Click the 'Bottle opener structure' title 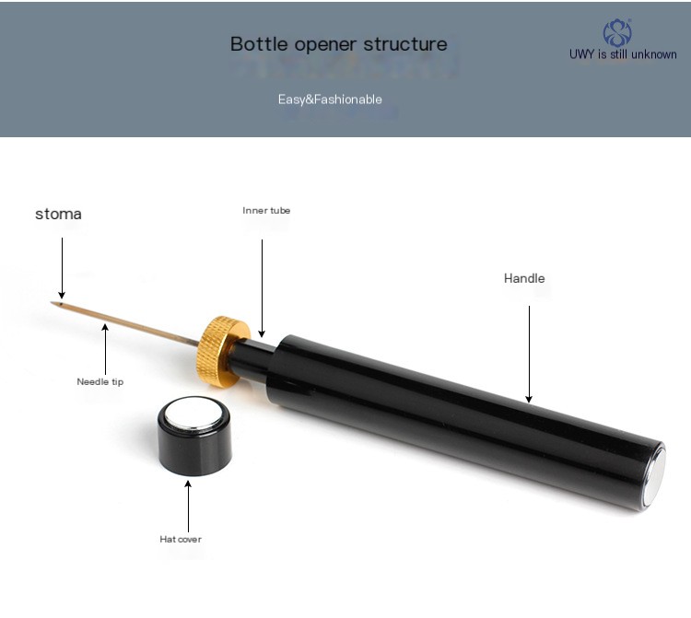point(338,44)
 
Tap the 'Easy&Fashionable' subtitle point(330,99)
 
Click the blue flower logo point(617,33)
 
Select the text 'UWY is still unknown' point(623,54)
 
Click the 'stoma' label point(58,214)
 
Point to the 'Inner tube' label point(266,211)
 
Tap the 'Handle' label point(524,278)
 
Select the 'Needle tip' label point(100,382)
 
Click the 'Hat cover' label point(181,539)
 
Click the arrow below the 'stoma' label point(62,268)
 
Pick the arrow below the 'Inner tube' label point(262,288)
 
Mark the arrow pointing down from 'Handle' point(529,355)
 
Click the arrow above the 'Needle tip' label point(105,349)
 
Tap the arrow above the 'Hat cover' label point(188,507)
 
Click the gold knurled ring point(223,352)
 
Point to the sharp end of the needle point(51,303)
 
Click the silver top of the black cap point(193,414)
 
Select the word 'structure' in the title point(405,44)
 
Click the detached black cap point(194,436)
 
